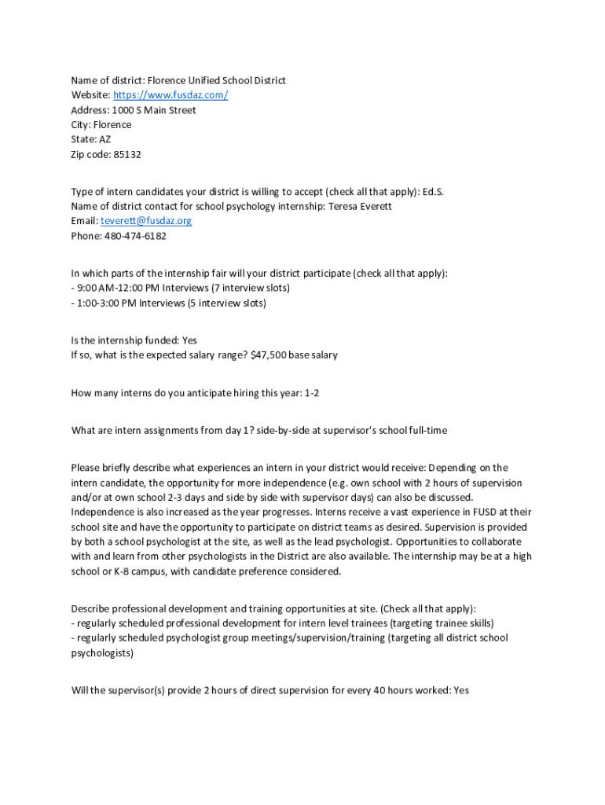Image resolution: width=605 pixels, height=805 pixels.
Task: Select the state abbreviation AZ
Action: pyautogui.click(x=104, y=140)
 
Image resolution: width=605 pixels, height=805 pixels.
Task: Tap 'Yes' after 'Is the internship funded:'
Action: pyautogui.click(x=189, y=340)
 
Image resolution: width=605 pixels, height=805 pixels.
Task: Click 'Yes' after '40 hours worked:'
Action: pyautogui.click(x=461, y=690)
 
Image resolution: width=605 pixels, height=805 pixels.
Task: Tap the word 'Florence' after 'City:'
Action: pyautogui.click(x=113, y=125)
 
